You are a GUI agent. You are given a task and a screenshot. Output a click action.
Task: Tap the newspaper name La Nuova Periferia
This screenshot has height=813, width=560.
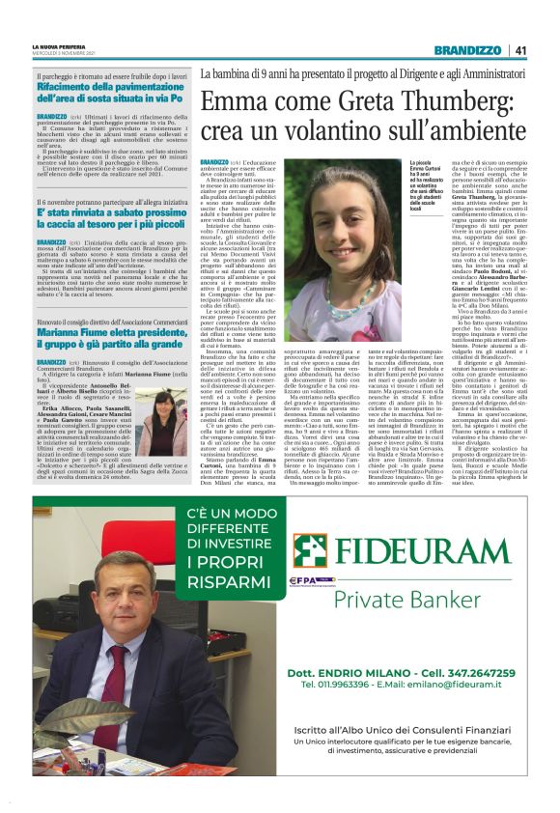pyautogui.click(x=59, y=46)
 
